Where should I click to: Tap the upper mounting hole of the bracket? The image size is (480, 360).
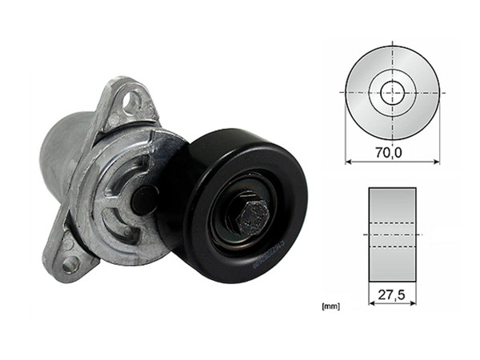(132, 101)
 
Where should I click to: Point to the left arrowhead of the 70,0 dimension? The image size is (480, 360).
(349, 161)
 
